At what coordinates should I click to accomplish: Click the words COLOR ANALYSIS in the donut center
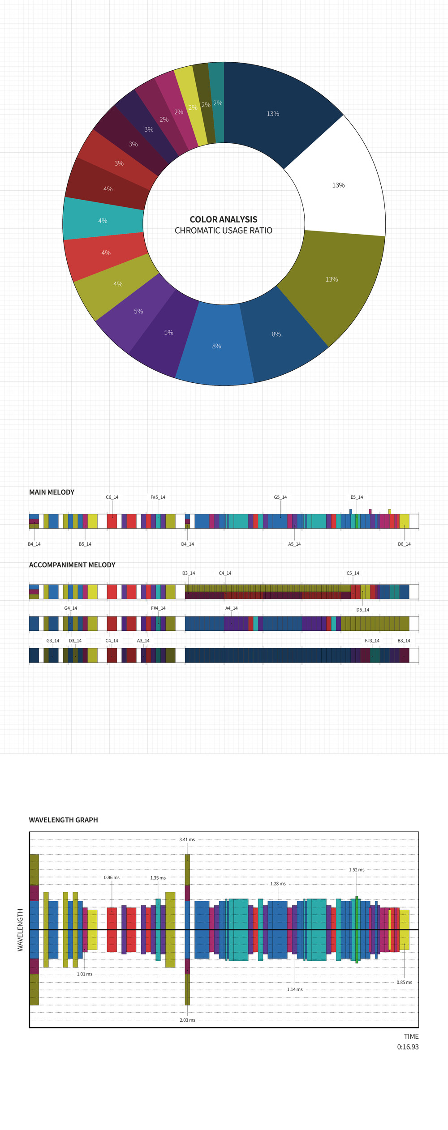click(224, 219)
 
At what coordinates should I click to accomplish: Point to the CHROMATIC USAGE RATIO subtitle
click(224, 231)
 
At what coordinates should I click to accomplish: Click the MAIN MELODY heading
click(52, 492)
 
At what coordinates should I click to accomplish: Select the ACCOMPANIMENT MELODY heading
click(72, 565)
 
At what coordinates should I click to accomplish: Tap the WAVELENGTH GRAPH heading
click(63, 820)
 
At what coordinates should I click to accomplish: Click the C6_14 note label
click(112, 497)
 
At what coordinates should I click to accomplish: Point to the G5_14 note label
click(280, 497)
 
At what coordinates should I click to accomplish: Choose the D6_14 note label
click(404, 544)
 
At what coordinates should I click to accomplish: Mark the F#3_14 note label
click(372, 641)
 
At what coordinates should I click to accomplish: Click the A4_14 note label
click(232, 608)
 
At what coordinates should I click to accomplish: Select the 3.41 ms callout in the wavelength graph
click(187, 839)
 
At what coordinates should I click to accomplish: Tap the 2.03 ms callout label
click(187, 1020)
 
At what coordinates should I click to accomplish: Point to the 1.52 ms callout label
click(357, 869)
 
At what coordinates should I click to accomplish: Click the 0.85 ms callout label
click(404, 982)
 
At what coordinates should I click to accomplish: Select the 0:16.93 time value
click(408, 1047)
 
